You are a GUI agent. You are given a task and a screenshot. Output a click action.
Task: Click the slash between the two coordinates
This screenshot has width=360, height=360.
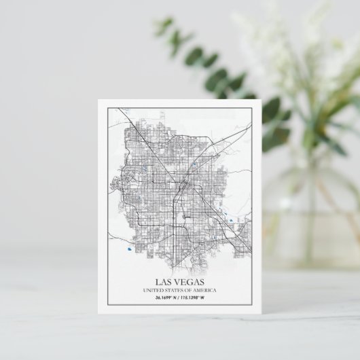point(181,298)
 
